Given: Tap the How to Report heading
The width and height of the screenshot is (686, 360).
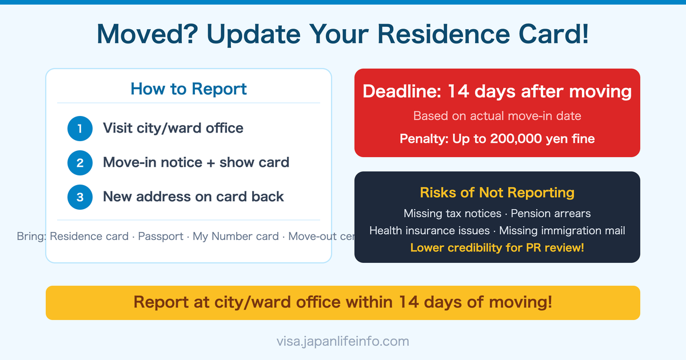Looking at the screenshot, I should pos(189,89).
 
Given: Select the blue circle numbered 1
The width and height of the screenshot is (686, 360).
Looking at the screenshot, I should pos(80,129).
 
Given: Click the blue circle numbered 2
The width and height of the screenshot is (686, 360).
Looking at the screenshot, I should pos(80,163).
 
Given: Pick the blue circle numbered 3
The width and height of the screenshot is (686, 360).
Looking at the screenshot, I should pos(80,197).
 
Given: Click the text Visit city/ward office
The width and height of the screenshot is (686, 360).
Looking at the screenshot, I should pos(173,128).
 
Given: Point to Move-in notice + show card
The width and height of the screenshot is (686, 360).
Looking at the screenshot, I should pos(196,162).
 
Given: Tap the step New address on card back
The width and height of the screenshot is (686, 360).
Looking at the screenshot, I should pos(193,197).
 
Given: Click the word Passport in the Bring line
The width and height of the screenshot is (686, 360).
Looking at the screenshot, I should pos(161,237).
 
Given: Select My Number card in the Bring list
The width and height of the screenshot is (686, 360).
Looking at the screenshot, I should pos(236,237).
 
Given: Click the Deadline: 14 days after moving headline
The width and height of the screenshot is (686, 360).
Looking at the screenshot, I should pos(497,91).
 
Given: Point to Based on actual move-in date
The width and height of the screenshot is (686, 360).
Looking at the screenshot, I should pos(497,116).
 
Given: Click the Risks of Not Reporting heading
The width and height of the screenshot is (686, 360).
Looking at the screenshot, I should pos(497,193).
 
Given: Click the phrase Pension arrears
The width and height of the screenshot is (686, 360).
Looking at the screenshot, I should pos(551,213).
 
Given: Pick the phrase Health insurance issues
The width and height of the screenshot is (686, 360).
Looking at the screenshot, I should pos(429,231).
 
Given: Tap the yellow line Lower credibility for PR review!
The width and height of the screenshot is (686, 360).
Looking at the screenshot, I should pos(497,248).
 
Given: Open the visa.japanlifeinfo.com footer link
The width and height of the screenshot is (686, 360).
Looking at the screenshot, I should pos(343,342).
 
